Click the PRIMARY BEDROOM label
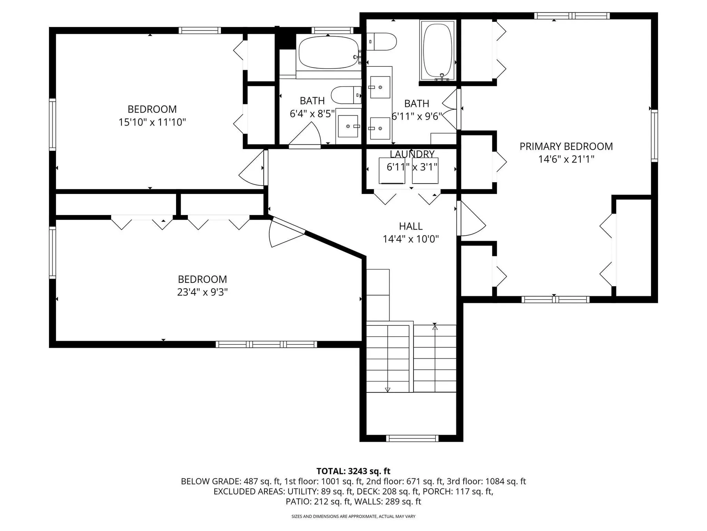[566, 146]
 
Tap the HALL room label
[411, 226]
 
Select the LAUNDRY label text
[412, 154]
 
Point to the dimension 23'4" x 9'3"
[202, 292]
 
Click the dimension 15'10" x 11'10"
[152, 122]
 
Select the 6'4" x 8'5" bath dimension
[312, 114]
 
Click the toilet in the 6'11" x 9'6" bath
[382, 41]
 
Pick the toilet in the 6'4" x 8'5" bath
[345, 95]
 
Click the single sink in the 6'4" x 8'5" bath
[348, 126]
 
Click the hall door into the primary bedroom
[471, 220]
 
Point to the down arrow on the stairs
[387, 389]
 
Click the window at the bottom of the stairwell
[412, 438]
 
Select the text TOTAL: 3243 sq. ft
[353, 471]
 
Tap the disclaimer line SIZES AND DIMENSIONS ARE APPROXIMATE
[353, 516]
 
